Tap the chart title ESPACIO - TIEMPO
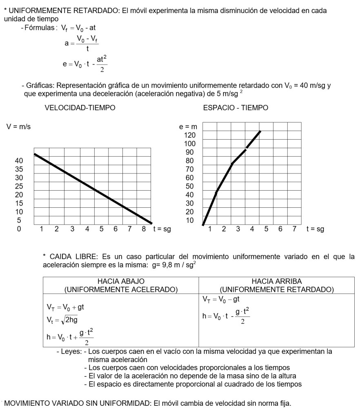point(236,108)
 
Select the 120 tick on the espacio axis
point(190,135)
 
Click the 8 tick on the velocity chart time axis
point(144,229)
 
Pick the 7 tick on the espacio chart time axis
point(294,229)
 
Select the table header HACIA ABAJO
point(121,282)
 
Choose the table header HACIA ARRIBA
point(277,282)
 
